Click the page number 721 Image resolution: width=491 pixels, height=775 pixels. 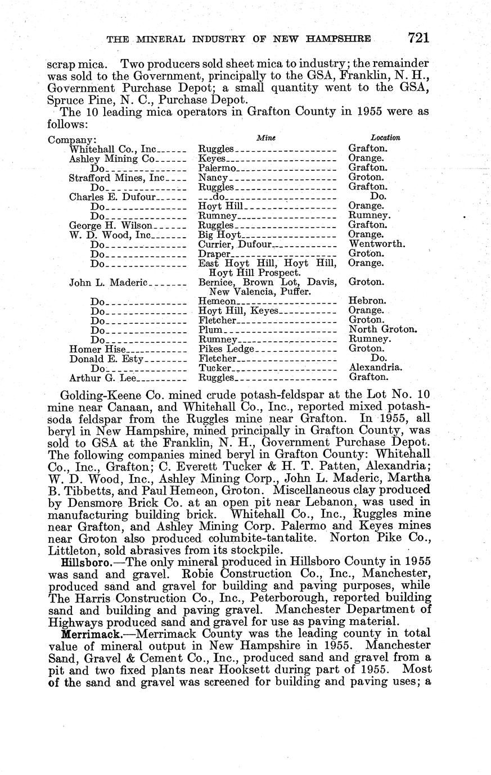coord(419,38)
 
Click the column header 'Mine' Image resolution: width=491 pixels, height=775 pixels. coord(266,137)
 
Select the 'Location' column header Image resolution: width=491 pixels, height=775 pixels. coord(385,137)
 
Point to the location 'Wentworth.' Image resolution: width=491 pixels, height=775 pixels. coord(377,244)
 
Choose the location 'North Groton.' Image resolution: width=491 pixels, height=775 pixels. coord(383,329)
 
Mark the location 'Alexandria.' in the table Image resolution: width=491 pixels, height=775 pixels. coord(375,368)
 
